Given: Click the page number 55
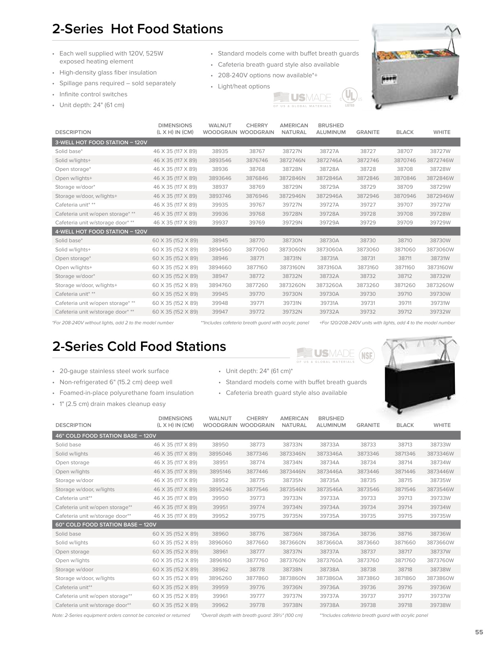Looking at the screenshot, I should coord(479,632).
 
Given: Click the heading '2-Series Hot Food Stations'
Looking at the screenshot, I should coord(137,29).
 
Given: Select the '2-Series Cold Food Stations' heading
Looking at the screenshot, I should coord(139,346).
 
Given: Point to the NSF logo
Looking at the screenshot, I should coord(366,355).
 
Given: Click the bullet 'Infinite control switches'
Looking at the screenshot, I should coord(93,94).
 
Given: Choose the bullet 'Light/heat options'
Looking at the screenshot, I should coord(244,86).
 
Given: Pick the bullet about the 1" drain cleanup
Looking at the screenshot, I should coord(113,404).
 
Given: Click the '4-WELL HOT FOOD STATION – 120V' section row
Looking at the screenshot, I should coord(101,232).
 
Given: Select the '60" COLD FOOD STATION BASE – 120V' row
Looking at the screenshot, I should coord(106,524).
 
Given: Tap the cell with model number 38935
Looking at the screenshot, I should coord(220,151).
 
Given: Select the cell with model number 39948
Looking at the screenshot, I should coord(220,303).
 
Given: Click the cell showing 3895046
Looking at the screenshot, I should coord(220,454).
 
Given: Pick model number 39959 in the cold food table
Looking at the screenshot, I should coord(220,587).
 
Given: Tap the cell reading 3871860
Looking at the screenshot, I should coord(405,578).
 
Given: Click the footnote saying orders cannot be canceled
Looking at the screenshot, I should coord(121,615).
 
